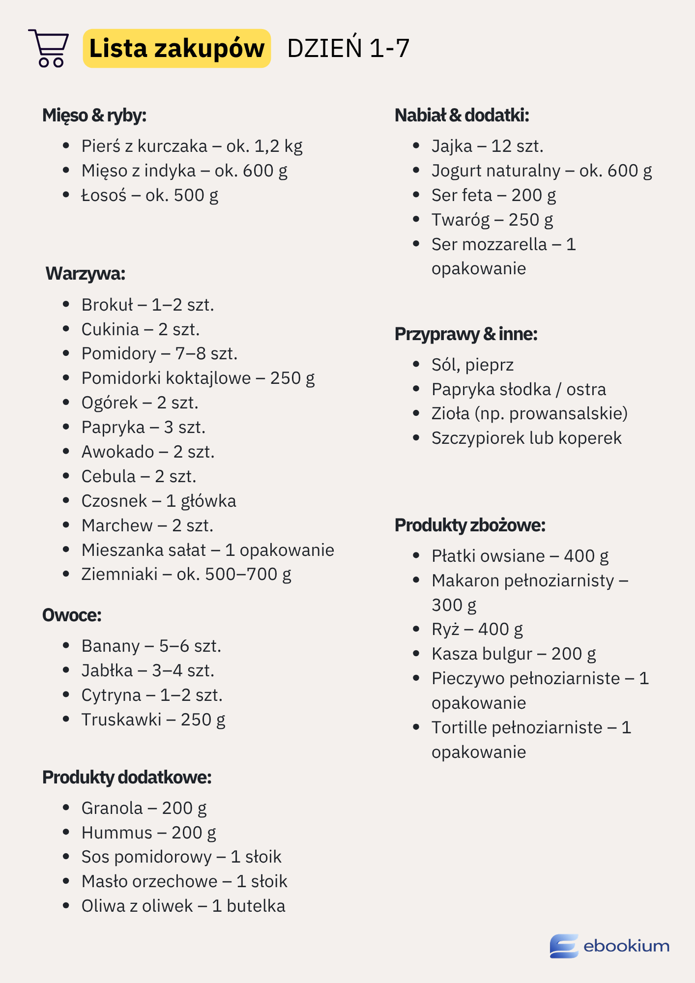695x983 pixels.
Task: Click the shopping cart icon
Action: (49, 48)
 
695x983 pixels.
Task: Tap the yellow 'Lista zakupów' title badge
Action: (177, 48)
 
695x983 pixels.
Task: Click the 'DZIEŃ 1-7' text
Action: (348, 48)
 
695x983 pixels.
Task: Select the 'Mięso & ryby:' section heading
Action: (94, 116)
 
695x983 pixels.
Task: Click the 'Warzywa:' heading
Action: (86, 274)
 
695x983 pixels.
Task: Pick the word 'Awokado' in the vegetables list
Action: (117, 452)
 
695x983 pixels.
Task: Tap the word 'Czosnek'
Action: (114, 501)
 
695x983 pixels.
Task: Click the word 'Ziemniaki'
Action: (119, 574)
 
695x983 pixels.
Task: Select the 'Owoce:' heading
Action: (72, 615)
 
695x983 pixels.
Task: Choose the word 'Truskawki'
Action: (121, 720)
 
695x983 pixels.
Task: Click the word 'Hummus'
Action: (117, 833)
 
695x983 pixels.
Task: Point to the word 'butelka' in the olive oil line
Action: (256, 906)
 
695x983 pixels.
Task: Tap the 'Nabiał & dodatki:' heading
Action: (462, 116)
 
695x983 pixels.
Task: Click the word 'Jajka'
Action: (452, 146)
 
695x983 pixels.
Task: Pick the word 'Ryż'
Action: (445, 629)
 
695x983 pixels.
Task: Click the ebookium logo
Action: (609, 946)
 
